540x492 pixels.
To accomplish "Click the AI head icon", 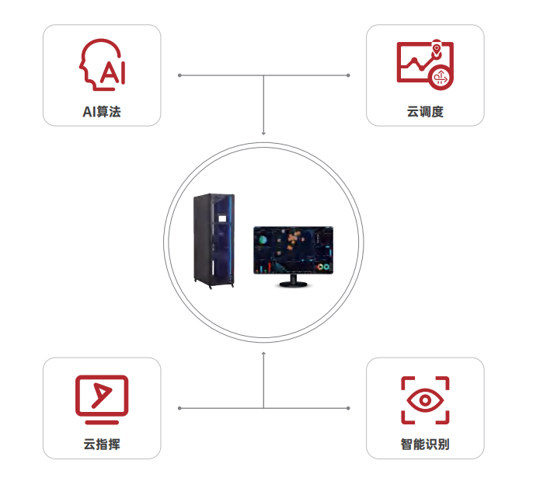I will [x=102, y=66].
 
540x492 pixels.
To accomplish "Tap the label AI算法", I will [x=102, y=112].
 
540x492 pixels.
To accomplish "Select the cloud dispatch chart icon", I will [x=424, y=65].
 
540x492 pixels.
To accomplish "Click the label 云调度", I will [x=425, y=112].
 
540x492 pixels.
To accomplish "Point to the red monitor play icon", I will [x=102, y=398].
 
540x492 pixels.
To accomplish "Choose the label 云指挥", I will [x=102, y=445].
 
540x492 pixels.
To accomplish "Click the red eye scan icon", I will [x=425, y=400].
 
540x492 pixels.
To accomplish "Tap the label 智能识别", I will [x=425, y=445].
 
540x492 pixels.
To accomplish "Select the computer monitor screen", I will [x=293, y=249].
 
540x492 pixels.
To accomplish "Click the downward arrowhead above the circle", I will [x=263, y=133].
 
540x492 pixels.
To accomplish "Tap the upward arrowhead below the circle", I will [x=263, y=354].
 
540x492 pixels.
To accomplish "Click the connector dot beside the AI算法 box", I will [x=179, y=75].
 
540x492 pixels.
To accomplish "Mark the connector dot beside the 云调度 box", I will [x=348, y=75].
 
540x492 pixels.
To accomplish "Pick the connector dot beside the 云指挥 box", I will [x=179, y=408].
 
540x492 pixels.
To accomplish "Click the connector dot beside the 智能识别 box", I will [x=348, y=408].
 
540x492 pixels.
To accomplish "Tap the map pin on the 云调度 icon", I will [x=437, y=48].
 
